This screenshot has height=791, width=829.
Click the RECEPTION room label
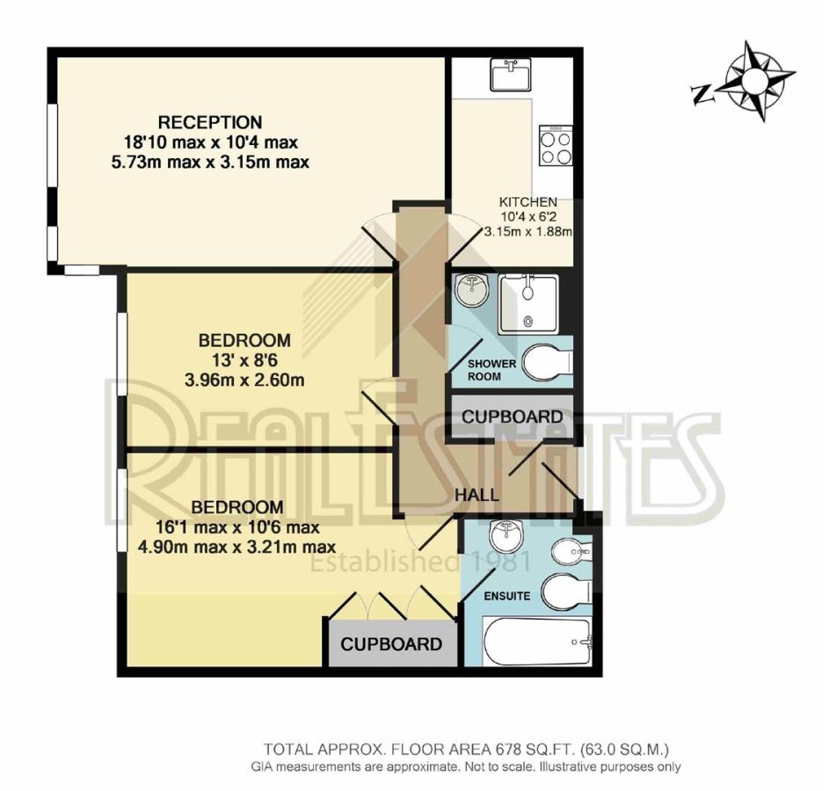point(210,122)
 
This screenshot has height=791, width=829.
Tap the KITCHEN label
point(528,202)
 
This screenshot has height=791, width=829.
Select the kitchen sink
point(510,74)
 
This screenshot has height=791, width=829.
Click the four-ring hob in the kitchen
point(556,145)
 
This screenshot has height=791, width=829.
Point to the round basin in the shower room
point(471,290)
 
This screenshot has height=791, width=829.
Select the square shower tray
point(528,304)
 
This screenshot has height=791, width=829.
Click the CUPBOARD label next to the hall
point(512,417)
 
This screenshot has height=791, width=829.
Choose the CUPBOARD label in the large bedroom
point(391,644)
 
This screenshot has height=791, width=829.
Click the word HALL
point(476,495)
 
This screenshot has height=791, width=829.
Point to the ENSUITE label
point(507,596)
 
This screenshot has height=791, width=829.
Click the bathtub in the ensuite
point(537,642)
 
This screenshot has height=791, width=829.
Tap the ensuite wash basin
point(506,536)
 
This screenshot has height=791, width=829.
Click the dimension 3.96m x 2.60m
point(244,380)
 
